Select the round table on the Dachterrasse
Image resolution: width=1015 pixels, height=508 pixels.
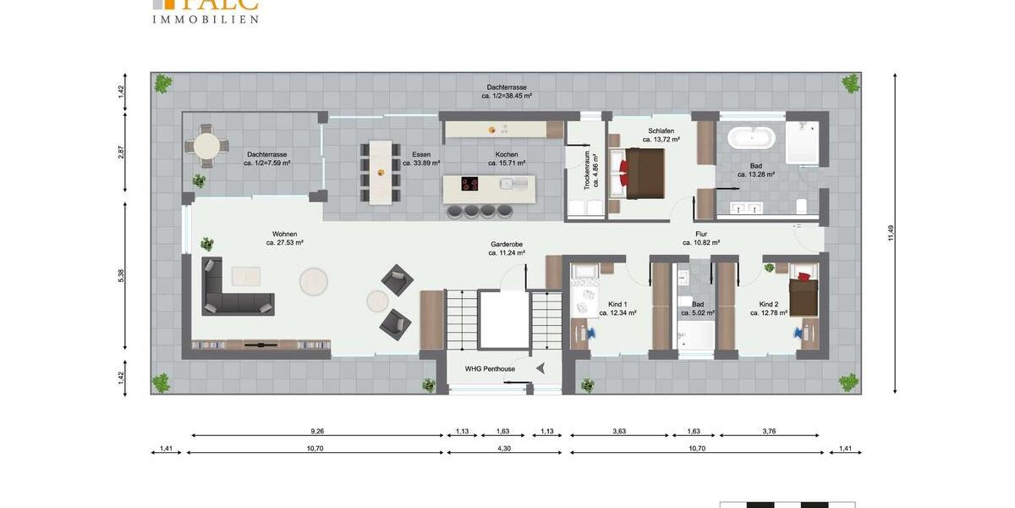[x=206, y=146]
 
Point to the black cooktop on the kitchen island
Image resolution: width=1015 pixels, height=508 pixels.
[x=469, y=183]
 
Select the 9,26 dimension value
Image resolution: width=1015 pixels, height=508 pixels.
[x=317, y=431]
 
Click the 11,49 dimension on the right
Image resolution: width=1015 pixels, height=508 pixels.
[x=891, y=233]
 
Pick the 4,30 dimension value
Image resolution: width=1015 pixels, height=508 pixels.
[x=503, y=448]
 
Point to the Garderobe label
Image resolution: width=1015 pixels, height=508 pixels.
[x=507, y=247]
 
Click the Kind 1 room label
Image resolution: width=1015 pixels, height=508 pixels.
[x=617, y=308]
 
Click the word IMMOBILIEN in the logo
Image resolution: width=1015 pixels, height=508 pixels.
[x=206, y=19]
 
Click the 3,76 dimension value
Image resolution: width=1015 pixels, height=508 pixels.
[x=768, y=431]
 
